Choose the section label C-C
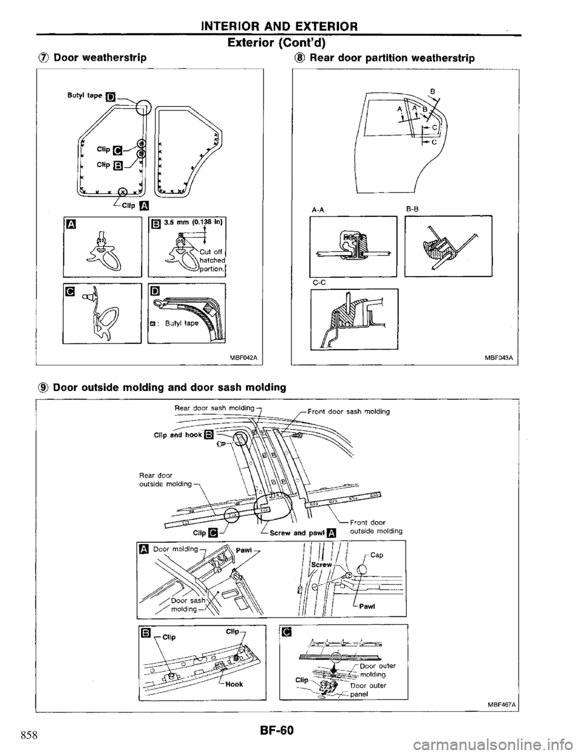[316, 282]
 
